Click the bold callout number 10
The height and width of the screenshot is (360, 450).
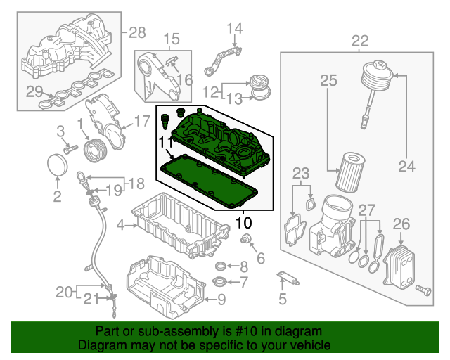tap(243, 223)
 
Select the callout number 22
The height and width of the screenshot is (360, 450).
tap(359, 40)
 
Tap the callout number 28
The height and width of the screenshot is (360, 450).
tap(136, 32)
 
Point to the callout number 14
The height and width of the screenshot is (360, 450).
tap(233, 28)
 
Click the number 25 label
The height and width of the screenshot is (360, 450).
tap(328, 82)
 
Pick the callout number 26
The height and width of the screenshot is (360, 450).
tap(401, 224)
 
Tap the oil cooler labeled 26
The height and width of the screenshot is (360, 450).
tap(398, 264)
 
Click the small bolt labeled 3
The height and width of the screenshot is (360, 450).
tap(69, 149)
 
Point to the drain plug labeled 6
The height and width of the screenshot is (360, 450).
tap(247, 242)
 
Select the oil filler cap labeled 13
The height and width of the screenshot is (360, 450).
tap(261, 87)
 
